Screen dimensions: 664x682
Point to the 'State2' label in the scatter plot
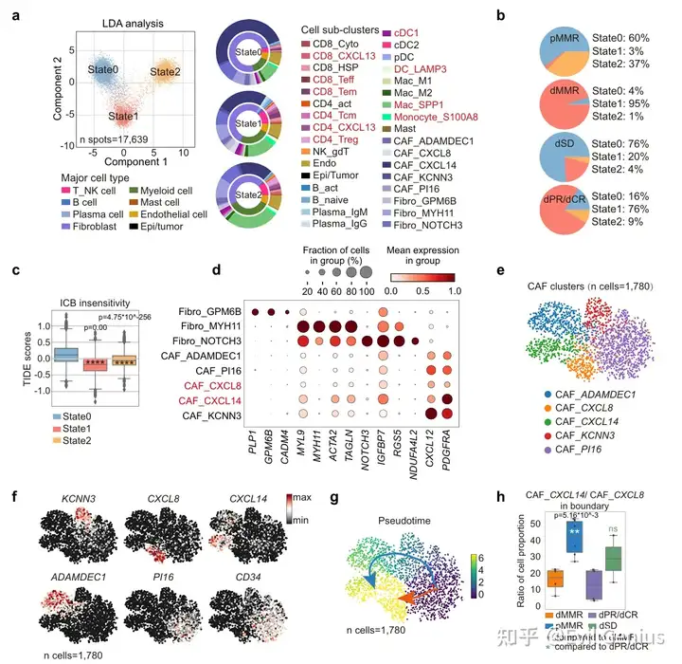click(x=165, y=71)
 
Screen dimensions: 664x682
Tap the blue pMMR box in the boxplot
click(x=571, y=536)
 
